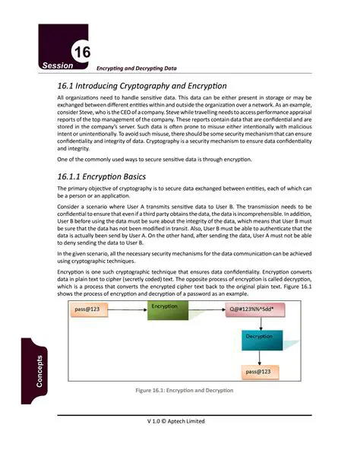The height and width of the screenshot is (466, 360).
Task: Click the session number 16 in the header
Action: coord(81,52)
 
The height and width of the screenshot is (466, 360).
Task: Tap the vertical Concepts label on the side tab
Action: coord(40,370)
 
